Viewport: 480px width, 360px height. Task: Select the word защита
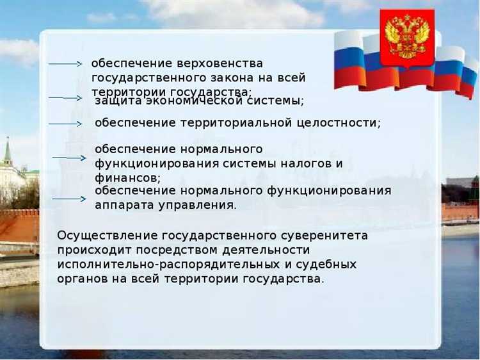[116, 101]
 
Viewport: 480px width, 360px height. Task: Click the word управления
[201, 205]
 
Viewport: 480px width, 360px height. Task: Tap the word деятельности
[268, 250]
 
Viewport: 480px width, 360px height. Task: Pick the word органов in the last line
[81, 278]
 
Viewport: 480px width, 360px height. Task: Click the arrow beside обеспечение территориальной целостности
[67, 123]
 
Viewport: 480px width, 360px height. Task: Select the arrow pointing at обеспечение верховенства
[67, 64]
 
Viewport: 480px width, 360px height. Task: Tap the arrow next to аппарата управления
[69, 199]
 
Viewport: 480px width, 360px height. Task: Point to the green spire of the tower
[8, 152]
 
